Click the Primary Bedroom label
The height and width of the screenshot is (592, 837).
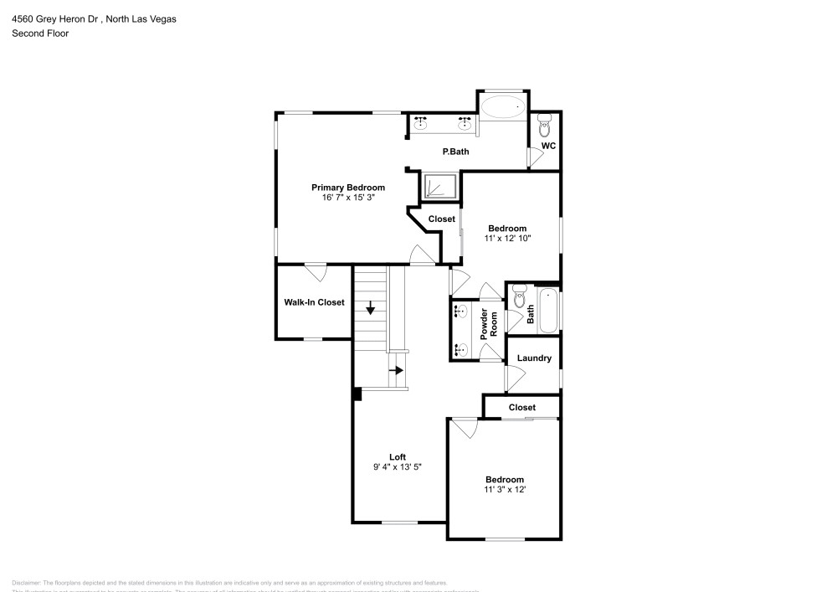point(348,188)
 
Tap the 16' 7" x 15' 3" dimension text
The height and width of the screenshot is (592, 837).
point(348,198)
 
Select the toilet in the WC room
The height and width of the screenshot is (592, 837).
point(545,128)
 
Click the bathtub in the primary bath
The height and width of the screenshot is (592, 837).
point(504,107)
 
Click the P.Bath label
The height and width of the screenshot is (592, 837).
point(455,152)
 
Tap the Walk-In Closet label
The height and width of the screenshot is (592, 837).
point(314,302)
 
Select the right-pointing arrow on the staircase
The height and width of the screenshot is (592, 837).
point(398,369)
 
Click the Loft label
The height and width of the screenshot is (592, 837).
point(398,457)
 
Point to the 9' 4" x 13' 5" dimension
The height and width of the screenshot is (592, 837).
point(398,468)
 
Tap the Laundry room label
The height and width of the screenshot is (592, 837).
point(534,358)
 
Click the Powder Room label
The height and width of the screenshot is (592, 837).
point(489,323)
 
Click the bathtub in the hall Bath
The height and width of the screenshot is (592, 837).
point(548,311)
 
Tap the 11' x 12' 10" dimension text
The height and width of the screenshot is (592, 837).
point(507,239)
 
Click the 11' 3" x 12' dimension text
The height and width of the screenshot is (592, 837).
point(504,490)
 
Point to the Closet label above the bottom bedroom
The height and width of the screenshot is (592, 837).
point(521,408)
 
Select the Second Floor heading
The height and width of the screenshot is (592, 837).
point(40,33)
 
